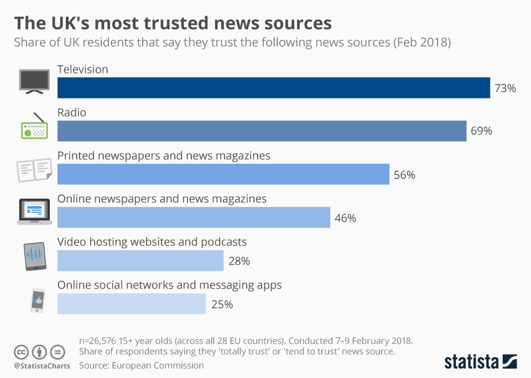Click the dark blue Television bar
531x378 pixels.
(x=274, y=88)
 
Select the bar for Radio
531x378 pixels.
(x=262, y=131)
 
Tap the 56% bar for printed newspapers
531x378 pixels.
(x=223, y=174)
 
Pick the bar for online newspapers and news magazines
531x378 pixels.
(x=194, y=217)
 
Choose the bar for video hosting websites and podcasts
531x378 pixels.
(x=140, y=260)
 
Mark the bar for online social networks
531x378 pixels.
(x=132, y=303)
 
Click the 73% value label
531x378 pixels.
(x=505, y=88)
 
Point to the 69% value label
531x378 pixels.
(x=481, y=131)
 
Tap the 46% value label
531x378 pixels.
(x=345, y=218)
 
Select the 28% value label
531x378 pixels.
(x=239, y=261)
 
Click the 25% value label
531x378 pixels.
(x=221, y=304)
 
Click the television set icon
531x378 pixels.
(x=34, y=80)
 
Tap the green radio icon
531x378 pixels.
(x=34, y=127)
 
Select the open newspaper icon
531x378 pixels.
(x=34, y=170)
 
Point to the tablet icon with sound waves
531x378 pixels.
(x=35, y=256)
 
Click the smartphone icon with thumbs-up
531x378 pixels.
(x=37, y=301)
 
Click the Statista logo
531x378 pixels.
(x=481, y=362)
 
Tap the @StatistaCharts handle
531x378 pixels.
(x=42, y=366)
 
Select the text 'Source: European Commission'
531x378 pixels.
(x=142, y=365)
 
